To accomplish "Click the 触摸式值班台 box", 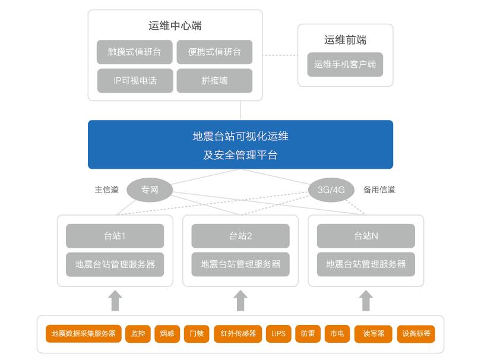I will [135, 52].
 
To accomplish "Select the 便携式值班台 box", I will [214, 52].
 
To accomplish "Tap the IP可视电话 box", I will [135, 81].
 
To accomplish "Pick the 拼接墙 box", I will [214, 81].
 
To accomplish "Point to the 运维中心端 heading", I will [175, 26].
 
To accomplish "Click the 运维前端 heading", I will [345, 40].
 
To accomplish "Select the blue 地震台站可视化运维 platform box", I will [240, 145].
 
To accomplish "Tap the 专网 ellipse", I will [149, 190].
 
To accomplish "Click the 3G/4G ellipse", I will [331, 190].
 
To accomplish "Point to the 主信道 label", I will [107, 190].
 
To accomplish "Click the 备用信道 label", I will [379, 190].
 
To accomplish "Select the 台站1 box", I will [115, 236].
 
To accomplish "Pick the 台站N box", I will [366, 236].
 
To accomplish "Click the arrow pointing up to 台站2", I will [240, 300].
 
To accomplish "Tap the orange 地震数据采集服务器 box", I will [84, 334].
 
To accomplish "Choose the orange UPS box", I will [278, 334].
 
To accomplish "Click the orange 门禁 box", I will [197, 334].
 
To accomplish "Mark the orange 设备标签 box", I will [416, 334].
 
